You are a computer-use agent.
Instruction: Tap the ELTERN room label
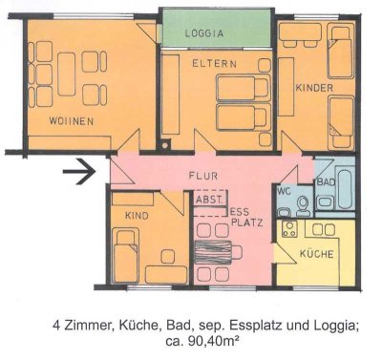(234, 65)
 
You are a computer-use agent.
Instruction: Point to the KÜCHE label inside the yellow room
(317, 256)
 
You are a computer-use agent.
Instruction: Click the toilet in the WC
(301, 204)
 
